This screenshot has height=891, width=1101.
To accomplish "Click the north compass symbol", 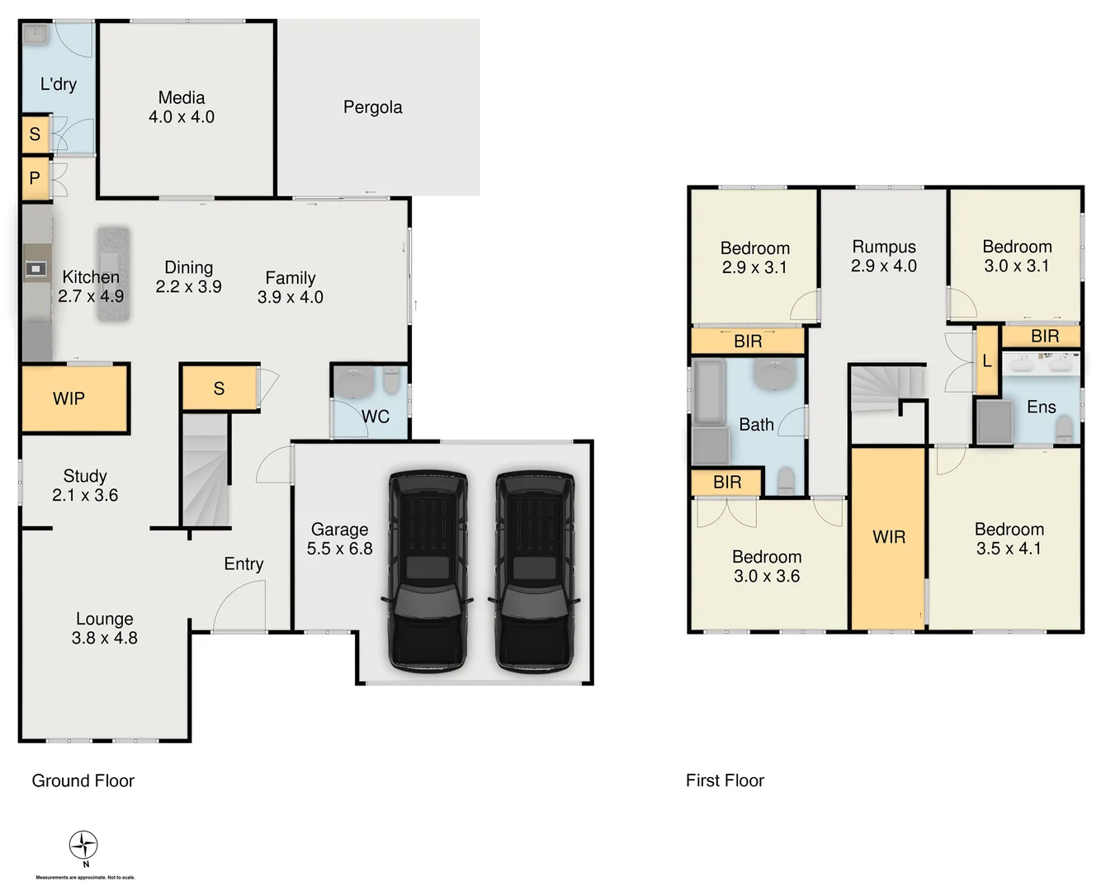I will tap(83, 846).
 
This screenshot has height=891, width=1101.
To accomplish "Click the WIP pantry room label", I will tap(69, 399).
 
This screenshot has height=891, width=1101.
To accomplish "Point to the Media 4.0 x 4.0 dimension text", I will tap(182, 117).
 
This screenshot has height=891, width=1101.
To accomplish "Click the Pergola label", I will tap(372, 107).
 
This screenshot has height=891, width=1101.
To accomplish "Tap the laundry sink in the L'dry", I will tap(35, 35).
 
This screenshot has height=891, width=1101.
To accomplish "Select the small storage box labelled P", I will tap(35, 179).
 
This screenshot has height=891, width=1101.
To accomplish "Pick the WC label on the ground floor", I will tap(376, 417).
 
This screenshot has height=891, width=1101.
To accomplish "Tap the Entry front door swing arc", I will tap(239, 606).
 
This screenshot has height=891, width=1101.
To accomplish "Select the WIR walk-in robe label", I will tap(889, 537).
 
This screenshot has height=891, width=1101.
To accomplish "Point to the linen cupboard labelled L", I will tap(986, 361).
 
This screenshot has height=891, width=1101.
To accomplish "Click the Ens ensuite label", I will tap(1041, 407).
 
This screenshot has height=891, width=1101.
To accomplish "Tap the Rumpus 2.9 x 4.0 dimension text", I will tap(884, 266).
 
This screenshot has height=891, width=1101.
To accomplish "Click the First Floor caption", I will tap(725, 780).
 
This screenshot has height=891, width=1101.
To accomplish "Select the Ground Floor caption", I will tap(83, 780).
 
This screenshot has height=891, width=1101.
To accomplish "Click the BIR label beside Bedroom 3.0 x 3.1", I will tap(1045, 337).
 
